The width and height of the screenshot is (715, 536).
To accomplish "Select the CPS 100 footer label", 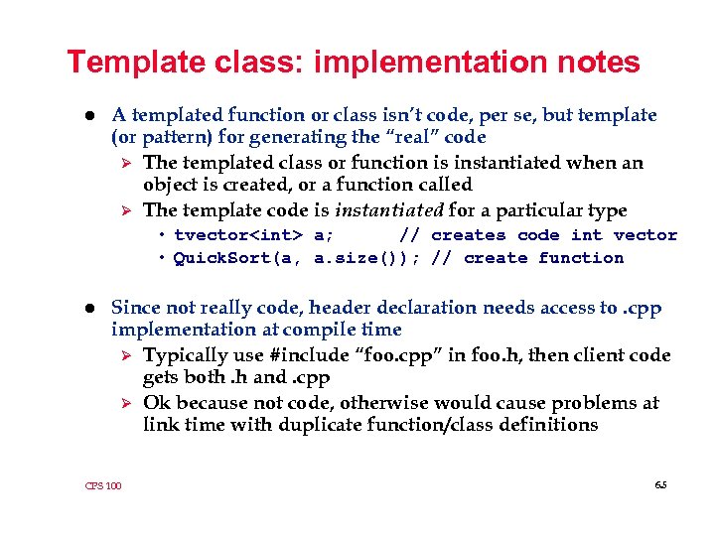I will click(x=103, y=485).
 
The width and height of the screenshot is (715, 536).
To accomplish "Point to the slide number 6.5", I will click(x=660, y=484).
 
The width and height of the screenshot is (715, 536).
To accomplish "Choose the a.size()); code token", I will click(x=367, y=258).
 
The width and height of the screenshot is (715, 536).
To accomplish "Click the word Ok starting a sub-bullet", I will click(x=156, y=403).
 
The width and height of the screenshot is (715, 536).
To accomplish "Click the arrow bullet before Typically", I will click(x=125, y=355).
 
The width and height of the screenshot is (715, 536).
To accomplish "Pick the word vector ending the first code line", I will click(x=645, y=235).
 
